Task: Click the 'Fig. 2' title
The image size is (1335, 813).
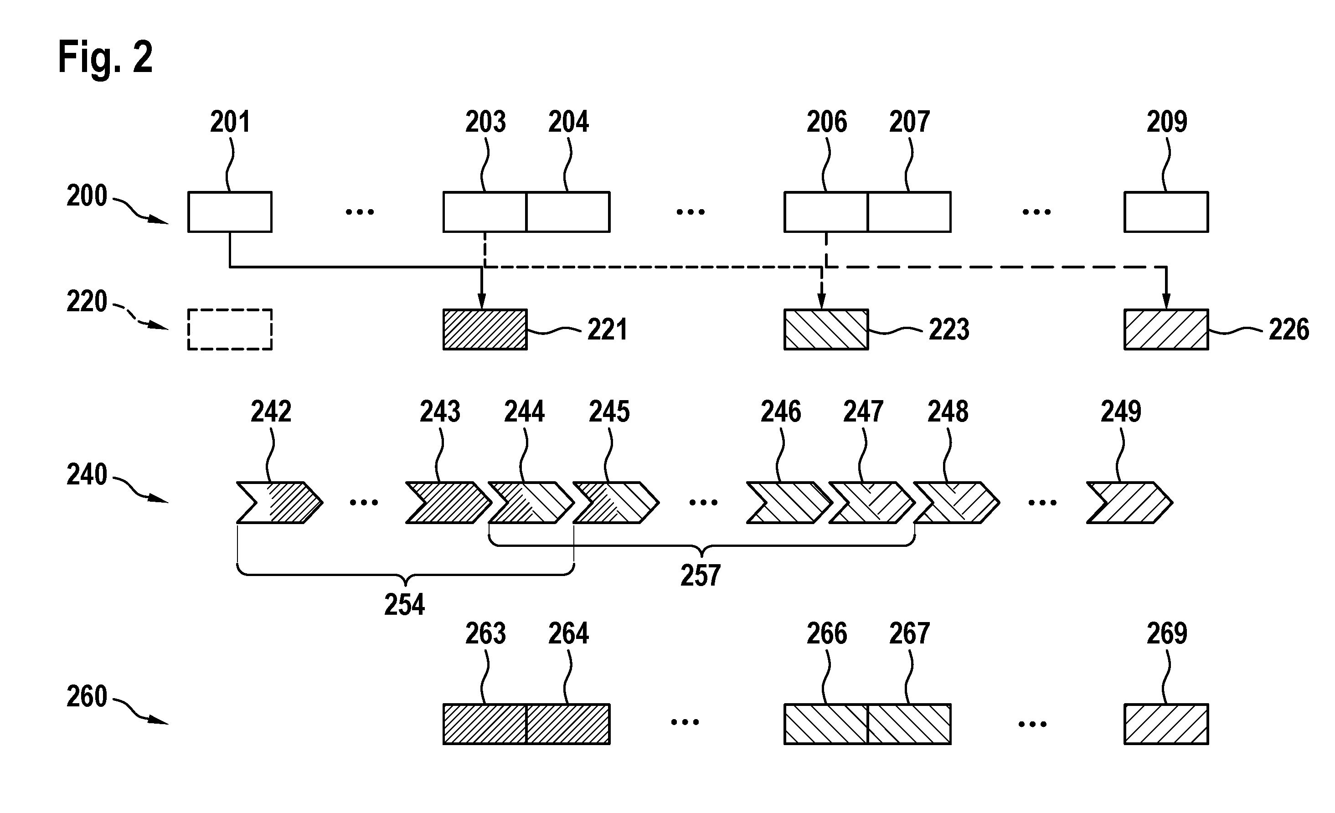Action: click(x=105, y=57)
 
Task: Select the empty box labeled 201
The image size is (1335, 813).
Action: click(x=230, y=212)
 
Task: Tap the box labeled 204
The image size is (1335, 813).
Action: click(x=568, y=212)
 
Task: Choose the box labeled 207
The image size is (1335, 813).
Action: click(x=909, y=212)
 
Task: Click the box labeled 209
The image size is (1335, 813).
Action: click(x=1166, y=212)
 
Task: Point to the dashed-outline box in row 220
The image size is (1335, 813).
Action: click(x=230, y=329)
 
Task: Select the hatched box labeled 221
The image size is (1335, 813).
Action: click(x=485, y=329)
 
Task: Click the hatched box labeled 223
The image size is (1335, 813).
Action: click(x=826, y=329)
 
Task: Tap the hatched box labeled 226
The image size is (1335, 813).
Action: click(x=1166, y=329)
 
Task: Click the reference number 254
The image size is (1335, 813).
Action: click(x=404, y=604)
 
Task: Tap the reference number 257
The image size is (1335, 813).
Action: click(x=701, y=576)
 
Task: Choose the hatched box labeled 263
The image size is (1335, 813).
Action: click(x=485, y=724)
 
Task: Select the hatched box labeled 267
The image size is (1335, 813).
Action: click(x=909, y=724)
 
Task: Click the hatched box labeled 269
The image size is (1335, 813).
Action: click(x=1166, y=724)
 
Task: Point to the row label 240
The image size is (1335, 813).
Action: click(x=87, y=475)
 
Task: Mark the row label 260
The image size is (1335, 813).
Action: click(x=87, y=696)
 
